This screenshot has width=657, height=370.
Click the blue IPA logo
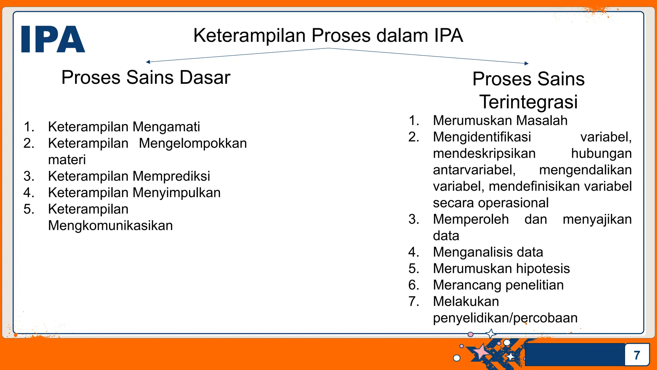[x=53, y=39]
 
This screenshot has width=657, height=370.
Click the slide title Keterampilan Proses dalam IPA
[x=328, y=35]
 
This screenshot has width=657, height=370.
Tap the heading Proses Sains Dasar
[x=146, y=77]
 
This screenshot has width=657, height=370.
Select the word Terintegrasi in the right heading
[x=528, y=102]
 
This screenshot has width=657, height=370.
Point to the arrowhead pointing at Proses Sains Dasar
[x=148, y=62]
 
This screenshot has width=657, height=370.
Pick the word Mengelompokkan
[x=192, y=143]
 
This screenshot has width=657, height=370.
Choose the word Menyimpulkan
[x=176, y=193]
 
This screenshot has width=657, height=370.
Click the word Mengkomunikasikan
[x=110, y=225]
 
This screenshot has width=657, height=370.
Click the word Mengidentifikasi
[x=482, y=137]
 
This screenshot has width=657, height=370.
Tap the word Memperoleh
[x=471, y=219]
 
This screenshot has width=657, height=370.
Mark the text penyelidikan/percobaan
[x=505, y=318]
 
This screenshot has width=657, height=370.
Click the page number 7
[x=637, y=355]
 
